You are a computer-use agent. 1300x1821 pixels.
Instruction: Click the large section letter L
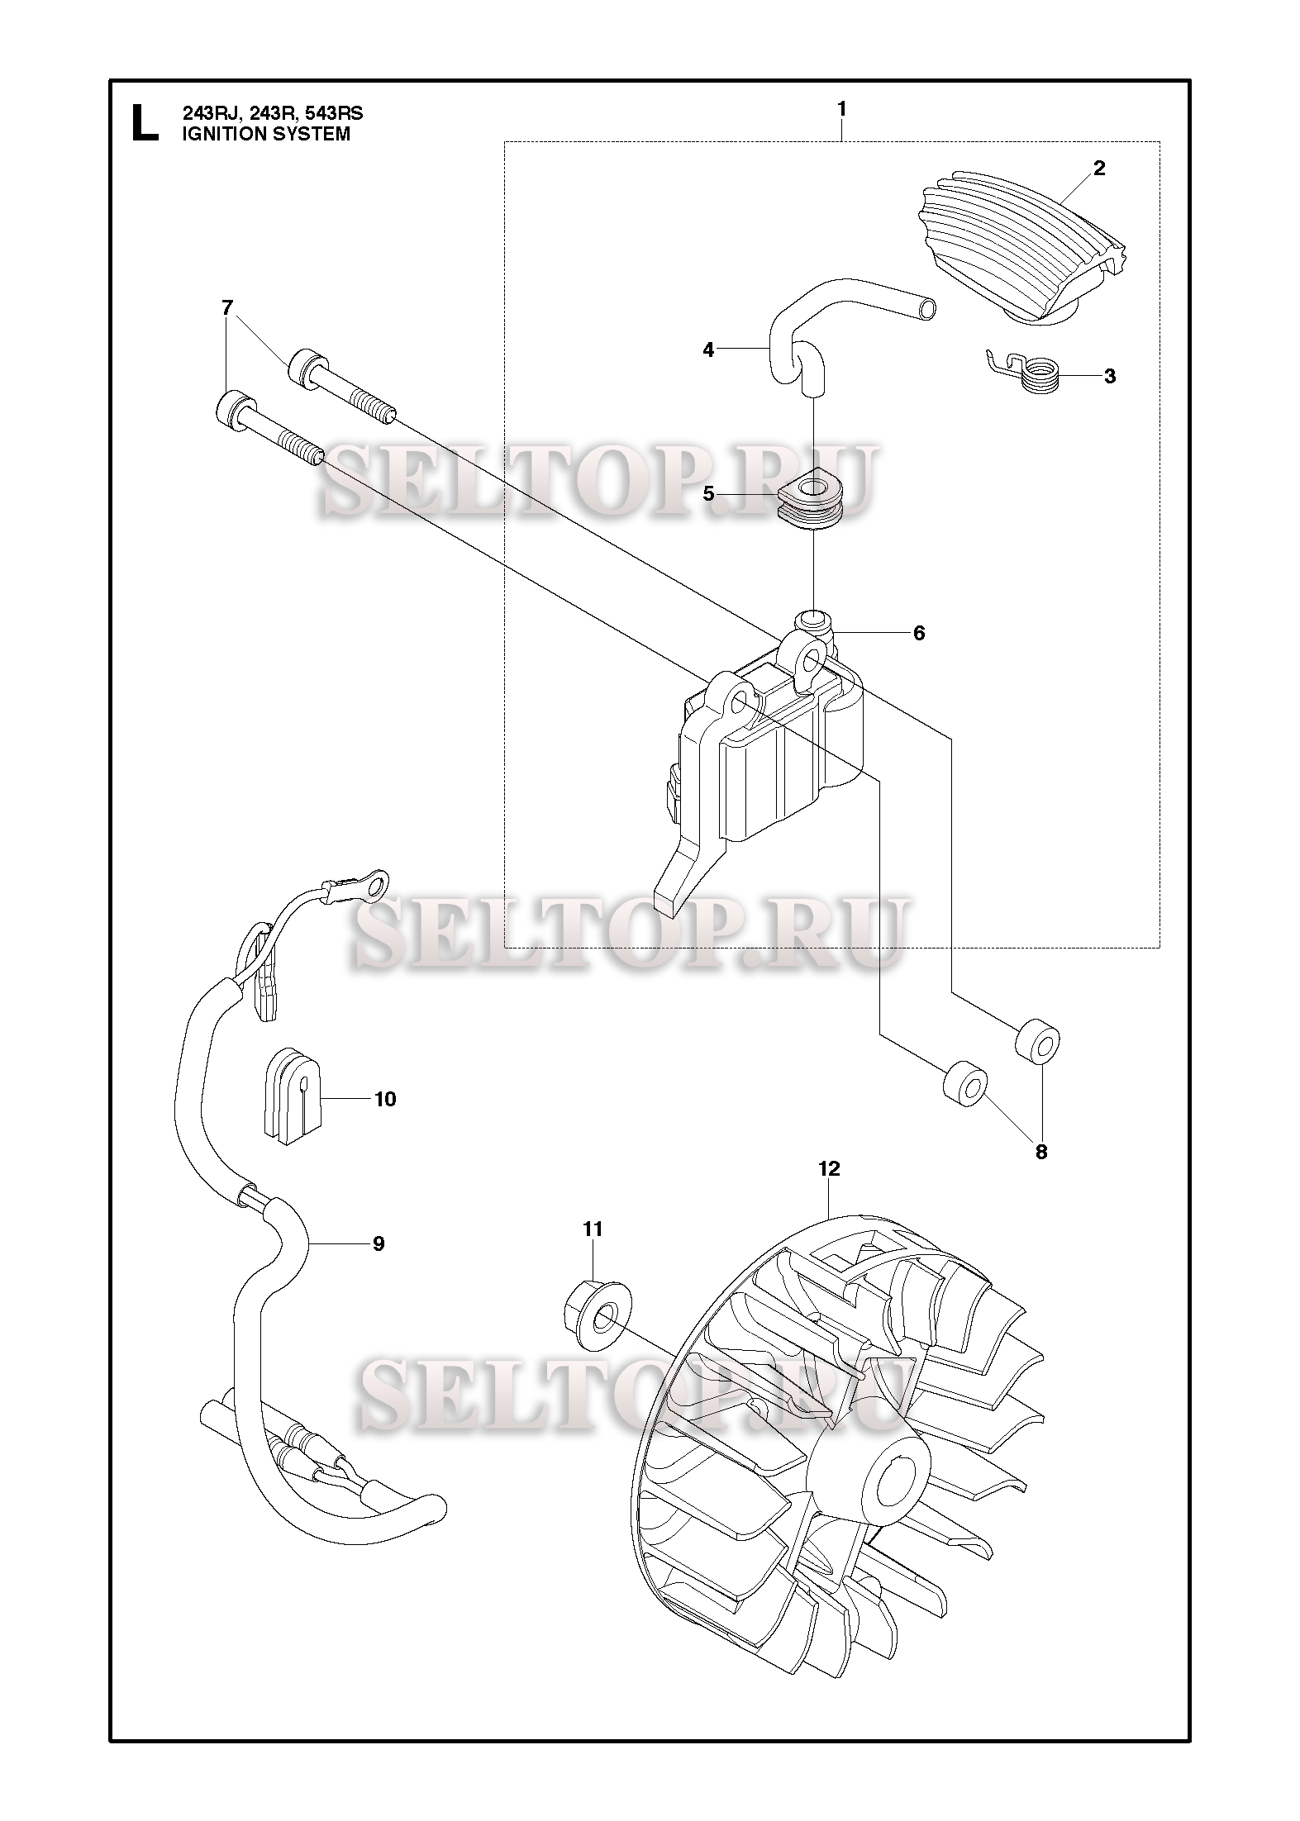pos(145,122)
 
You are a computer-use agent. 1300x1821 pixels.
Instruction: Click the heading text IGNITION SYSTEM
pos(266,135)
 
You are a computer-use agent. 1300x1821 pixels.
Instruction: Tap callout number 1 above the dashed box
pos(841,109)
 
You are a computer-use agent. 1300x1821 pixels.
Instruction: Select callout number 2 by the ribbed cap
pos(1098,169)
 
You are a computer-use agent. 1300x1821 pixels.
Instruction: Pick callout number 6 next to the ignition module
pos(919,634)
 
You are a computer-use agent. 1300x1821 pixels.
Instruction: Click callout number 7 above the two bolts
pos(227,308)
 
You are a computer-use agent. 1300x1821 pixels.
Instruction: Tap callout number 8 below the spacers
pos(1041,1151)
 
